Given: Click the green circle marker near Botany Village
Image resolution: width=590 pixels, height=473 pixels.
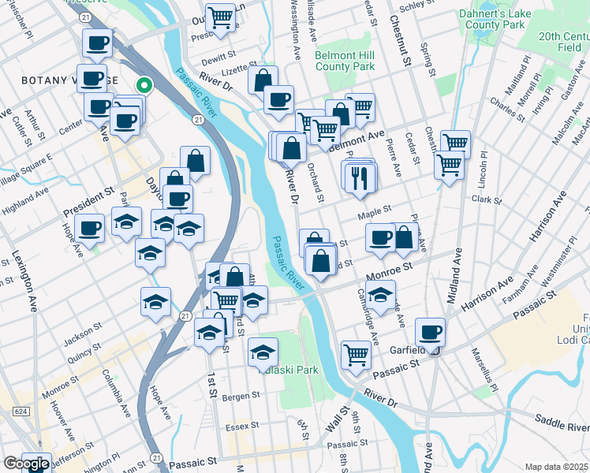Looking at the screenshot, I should coord(144,85).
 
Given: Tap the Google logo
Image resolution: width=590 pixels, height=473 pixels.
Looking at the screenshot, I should coord(25,464).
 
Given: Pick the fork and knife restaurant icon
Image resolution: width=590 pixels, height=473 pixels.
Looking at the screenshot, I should coord(360,177).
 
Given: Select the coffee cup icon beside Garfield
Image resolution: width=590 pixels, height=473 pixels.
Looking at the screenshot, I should coord(430,332).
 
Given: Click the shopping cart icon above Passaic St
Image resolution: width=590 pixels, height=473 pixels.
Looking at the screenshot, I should coord(356,355).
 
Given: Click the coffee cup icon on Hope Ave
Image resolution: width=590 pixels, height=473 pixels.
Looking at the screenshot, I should coord(90,228).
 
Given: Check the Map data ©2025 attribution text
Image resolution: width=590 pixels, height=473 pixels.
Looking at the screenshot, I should coord(556,467).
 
